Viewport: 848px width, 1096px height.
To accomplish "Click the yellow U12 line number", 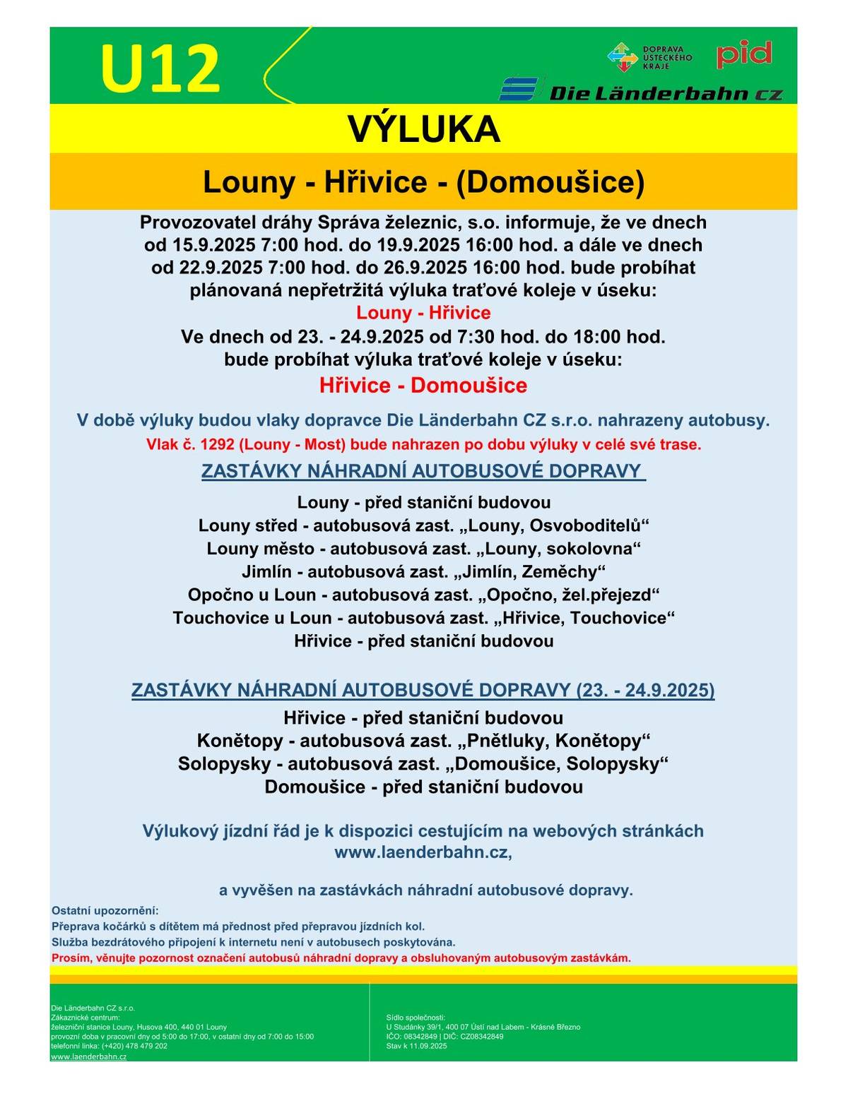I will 160,68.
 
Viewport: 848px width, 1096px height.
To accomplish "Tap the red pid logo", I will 743,54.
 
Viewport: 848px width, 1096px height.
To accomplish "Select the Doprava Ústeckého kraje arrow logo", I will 622,57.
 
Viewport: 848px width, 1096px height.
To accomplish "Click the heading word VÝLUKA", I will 423,129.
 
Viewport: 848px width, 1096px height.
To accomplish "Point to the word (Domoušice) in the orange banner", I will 550,182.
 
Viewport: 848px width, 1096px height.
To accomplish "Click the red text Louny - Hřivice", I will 423,313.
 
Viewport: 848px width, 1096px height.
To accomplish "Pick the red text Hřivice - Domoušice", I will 423,386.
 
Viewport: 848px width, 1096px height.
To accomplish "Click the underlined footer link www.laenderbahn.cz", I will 88,1056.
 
